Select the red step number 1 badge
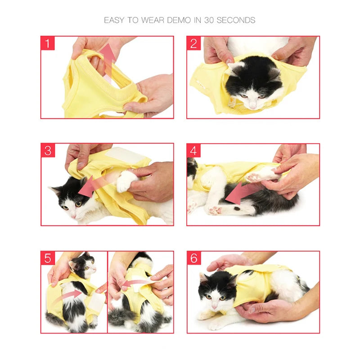48,44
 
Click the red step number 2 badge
194,44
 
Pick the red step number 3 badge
48,150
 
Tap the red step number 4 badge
194,150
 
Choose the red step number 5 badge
48,258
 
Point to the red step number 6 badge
194,258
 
